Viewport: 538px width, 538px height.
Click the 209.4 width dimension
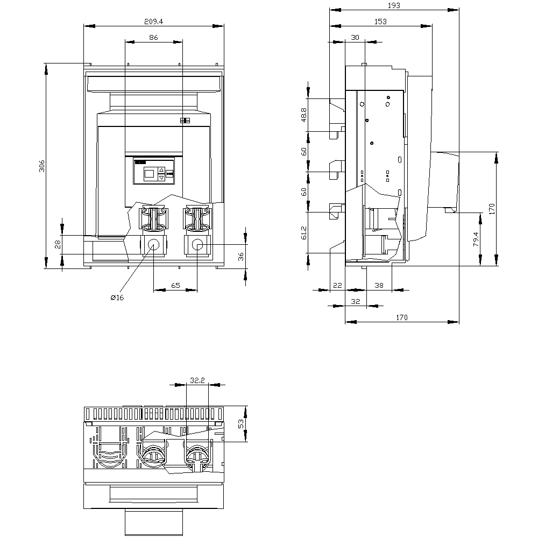(x=153, y=22)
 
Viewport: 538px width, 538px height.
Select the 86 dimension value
(x=153, y=38)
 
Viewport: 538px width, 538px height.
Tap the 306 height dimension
(x=42, y=166)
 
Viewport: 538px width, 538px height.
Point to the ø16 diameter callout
(x=117, y=298)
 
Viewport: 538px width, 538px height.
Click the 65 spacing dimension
(x=175, y=286)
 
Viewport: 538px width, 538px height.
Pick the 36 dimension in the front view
(x=241, y=257)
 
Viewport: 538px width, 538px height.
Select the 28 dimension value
(x=58, y=244)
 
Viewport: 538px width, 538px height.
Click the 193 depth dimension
(x=394, y=5)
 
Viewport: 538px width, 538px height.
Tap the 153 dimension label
(x=380, y=22)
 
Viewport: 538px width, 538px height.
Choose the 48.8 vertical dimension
(x=303, y=115)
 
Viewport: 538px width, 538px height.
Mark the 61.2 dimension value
(x=303, y=232)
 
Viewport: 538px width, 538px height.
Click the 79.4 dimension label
(x=476, y=239)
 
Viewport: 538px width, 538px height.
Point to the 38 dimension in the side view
(x=379, y=286)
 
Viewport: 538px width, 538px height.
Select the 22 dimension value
(x=338, y=286)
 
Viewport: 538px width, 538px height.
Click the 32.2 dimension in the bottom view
(x=197, y=380)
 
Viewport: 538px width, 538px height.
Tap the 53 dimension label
(x=241, y=424)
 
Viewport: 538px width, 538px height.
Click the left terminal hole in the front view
(x=153, y=245)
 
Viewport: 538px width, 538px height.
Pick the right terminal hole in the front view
(x=197, y=245)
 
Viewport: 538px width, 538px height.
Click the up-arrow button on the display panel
(x=161, y=170)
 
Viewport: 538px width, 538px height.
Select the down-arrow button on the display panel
(x=161, y=178)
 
